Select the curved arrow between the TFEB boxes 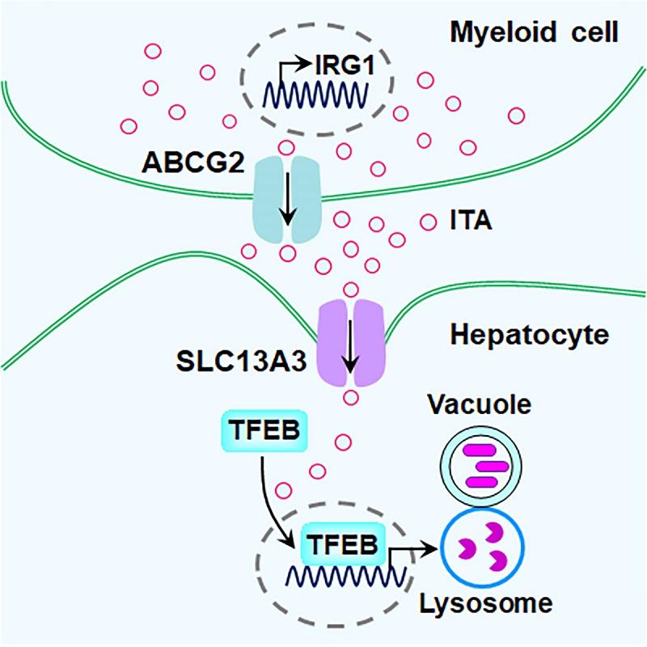(x=271, y=501)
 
